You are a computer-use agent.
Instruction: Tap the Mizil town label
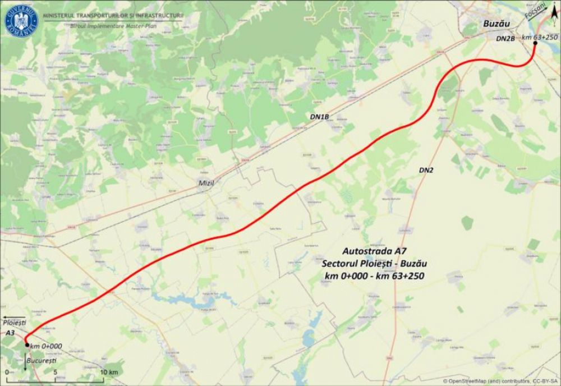(207, 183)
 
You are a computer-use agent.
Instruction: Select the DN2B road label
(505, 39)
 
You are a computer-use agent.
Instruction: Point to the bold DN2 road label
(426, 169)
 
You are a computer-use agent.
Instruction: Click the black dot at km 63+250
(535, 43)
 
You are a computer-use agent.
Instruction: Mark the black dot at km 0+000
(26, 345)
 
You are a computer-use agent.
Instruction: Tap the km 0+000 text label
(46, 346)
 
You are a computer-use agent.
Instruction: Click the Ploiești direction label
(15, 324)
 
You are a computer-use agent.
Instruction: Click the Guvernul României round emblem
(21, 20)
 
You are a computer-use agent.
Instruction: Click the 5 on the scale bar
(55, 372)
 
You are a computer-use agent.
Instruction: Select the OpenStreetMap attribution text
(501, 381)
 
